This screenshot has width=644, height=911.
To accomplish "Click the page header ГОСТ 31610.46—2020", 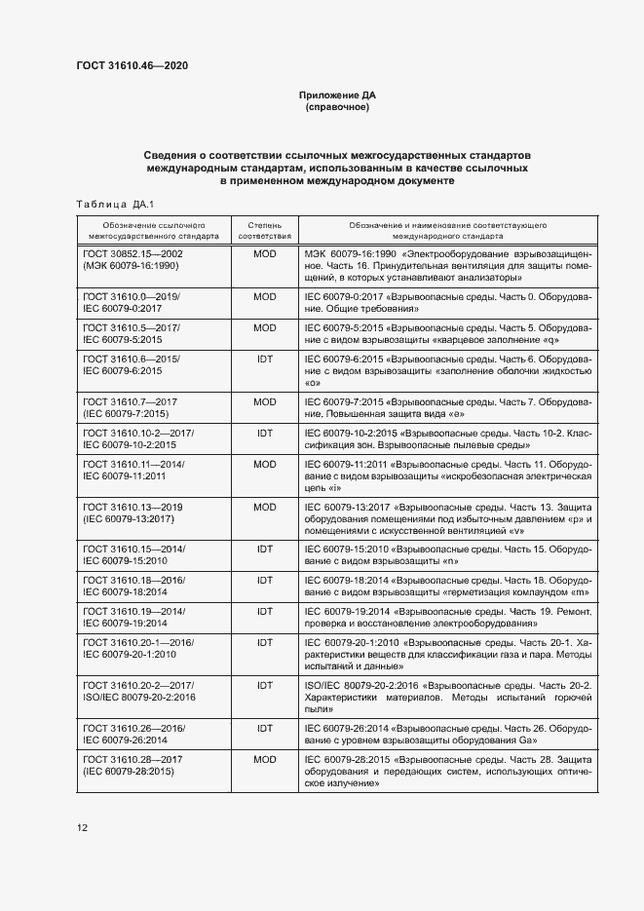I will tap(132, 65).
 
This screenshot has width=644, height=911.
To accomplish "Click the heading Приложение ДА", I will tap(336, 95).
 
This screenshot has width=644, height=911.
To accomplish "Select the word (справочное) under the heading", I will tap(336, 107).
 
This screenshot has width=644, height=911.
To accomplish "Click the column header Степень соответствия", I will tap(264, 230).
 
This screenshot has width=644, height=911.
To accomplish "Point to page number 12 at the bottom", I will tap(83, 828).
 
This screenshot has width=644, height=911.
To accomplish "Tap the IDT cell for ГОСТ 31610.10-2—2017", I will tap(264, 433).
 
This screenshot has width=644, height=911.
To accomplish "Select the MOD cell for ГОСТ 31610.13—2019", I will tap(264, 507).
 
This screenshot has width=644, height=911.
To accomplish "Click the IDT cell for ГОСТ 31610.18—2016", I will tap(264, 580).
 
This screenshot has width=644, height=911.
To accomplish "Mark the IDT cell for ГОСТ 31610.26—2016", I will tap(264, 728).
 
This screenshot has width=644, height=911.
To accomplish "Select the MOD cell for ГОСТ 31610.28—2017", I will tap(264, 758).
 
